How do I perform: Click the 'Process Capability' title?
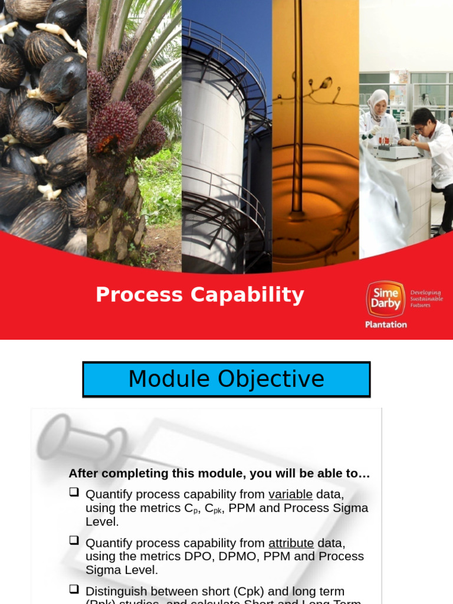click(x=199, y=294)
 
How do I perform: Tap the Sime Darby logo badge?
click(x=386, y=299)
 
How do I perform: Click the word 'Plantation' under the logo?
click(x=386, y=324)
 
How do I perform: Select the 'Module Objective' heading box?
click(x=226, y=379)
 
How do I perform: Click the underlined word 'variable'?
click(x=290, y=494)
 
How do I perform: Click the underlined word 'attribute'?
click(x=290, y=543)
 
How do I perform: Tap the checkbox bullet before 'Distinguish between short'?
click(x=74, y=589)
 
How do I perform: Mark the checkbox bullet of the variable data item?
click(x=74, y=492)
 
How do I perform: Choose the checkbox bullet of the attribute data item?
click(x=74, y=540)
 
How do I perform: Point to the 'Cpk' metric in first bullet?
click(x=212, y=508)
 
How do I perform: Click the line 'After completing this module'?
click(x=219, y=474)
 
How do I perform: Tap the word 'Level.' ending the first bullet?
click(x=102, y=522)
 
